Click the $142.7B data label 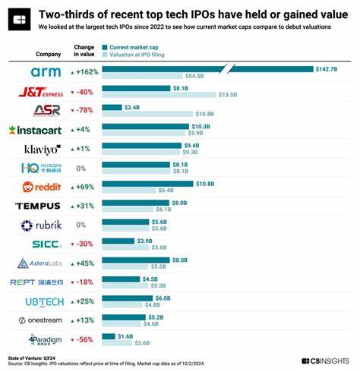pyautogui.click(x=327, y=69)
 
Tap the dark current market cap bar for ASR pyautogui.click(x=111, y=107)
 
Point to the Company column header pyautogui.click(x=48, y=54)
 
